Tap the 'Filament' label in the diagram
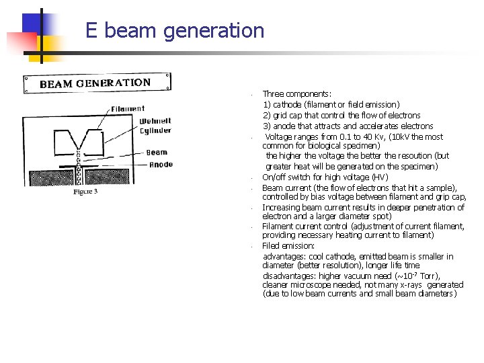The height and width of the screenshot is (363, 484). point(128,109)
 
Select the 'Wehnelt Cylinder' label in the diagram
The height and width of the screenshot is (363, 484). point(155,126)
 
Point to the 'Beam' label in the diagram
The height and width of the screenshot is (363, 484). point(157,153)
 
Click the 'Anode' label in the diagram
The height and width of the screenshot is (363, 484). point(161,165)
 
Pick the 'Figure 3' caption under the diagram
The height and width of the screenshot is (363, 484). point(85,192)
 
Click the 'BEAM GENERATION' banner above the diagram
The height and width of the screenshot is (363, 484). point(95,83)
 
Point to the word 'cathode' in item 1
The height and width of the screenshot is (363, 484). point(287,105)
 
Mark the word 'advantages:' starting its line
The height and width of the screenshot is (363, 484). point(284,257)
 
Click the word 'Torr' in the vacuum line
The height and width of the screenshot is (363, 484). point(428,276)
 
